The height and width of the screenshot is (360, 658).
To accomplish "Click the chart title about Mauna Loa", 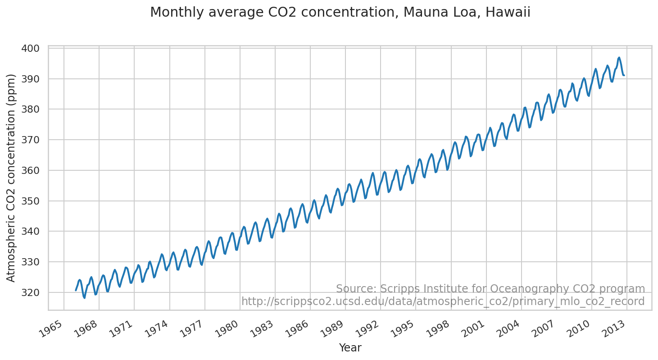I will point(340,13).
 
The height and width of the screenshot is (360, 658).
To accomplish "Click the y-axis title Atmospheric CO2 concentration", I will point(11,178).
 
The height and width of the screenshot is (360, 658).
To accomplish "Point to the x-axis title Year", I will point(350,348).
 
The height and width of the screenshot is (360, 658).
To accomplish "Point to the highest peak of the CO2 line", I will point(619,58).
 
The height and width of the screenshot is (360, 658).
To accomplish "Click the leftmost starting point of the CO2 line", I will point(76,291).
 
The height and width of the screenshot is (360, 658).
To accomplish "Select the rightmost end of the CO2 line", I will point(624,75).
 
